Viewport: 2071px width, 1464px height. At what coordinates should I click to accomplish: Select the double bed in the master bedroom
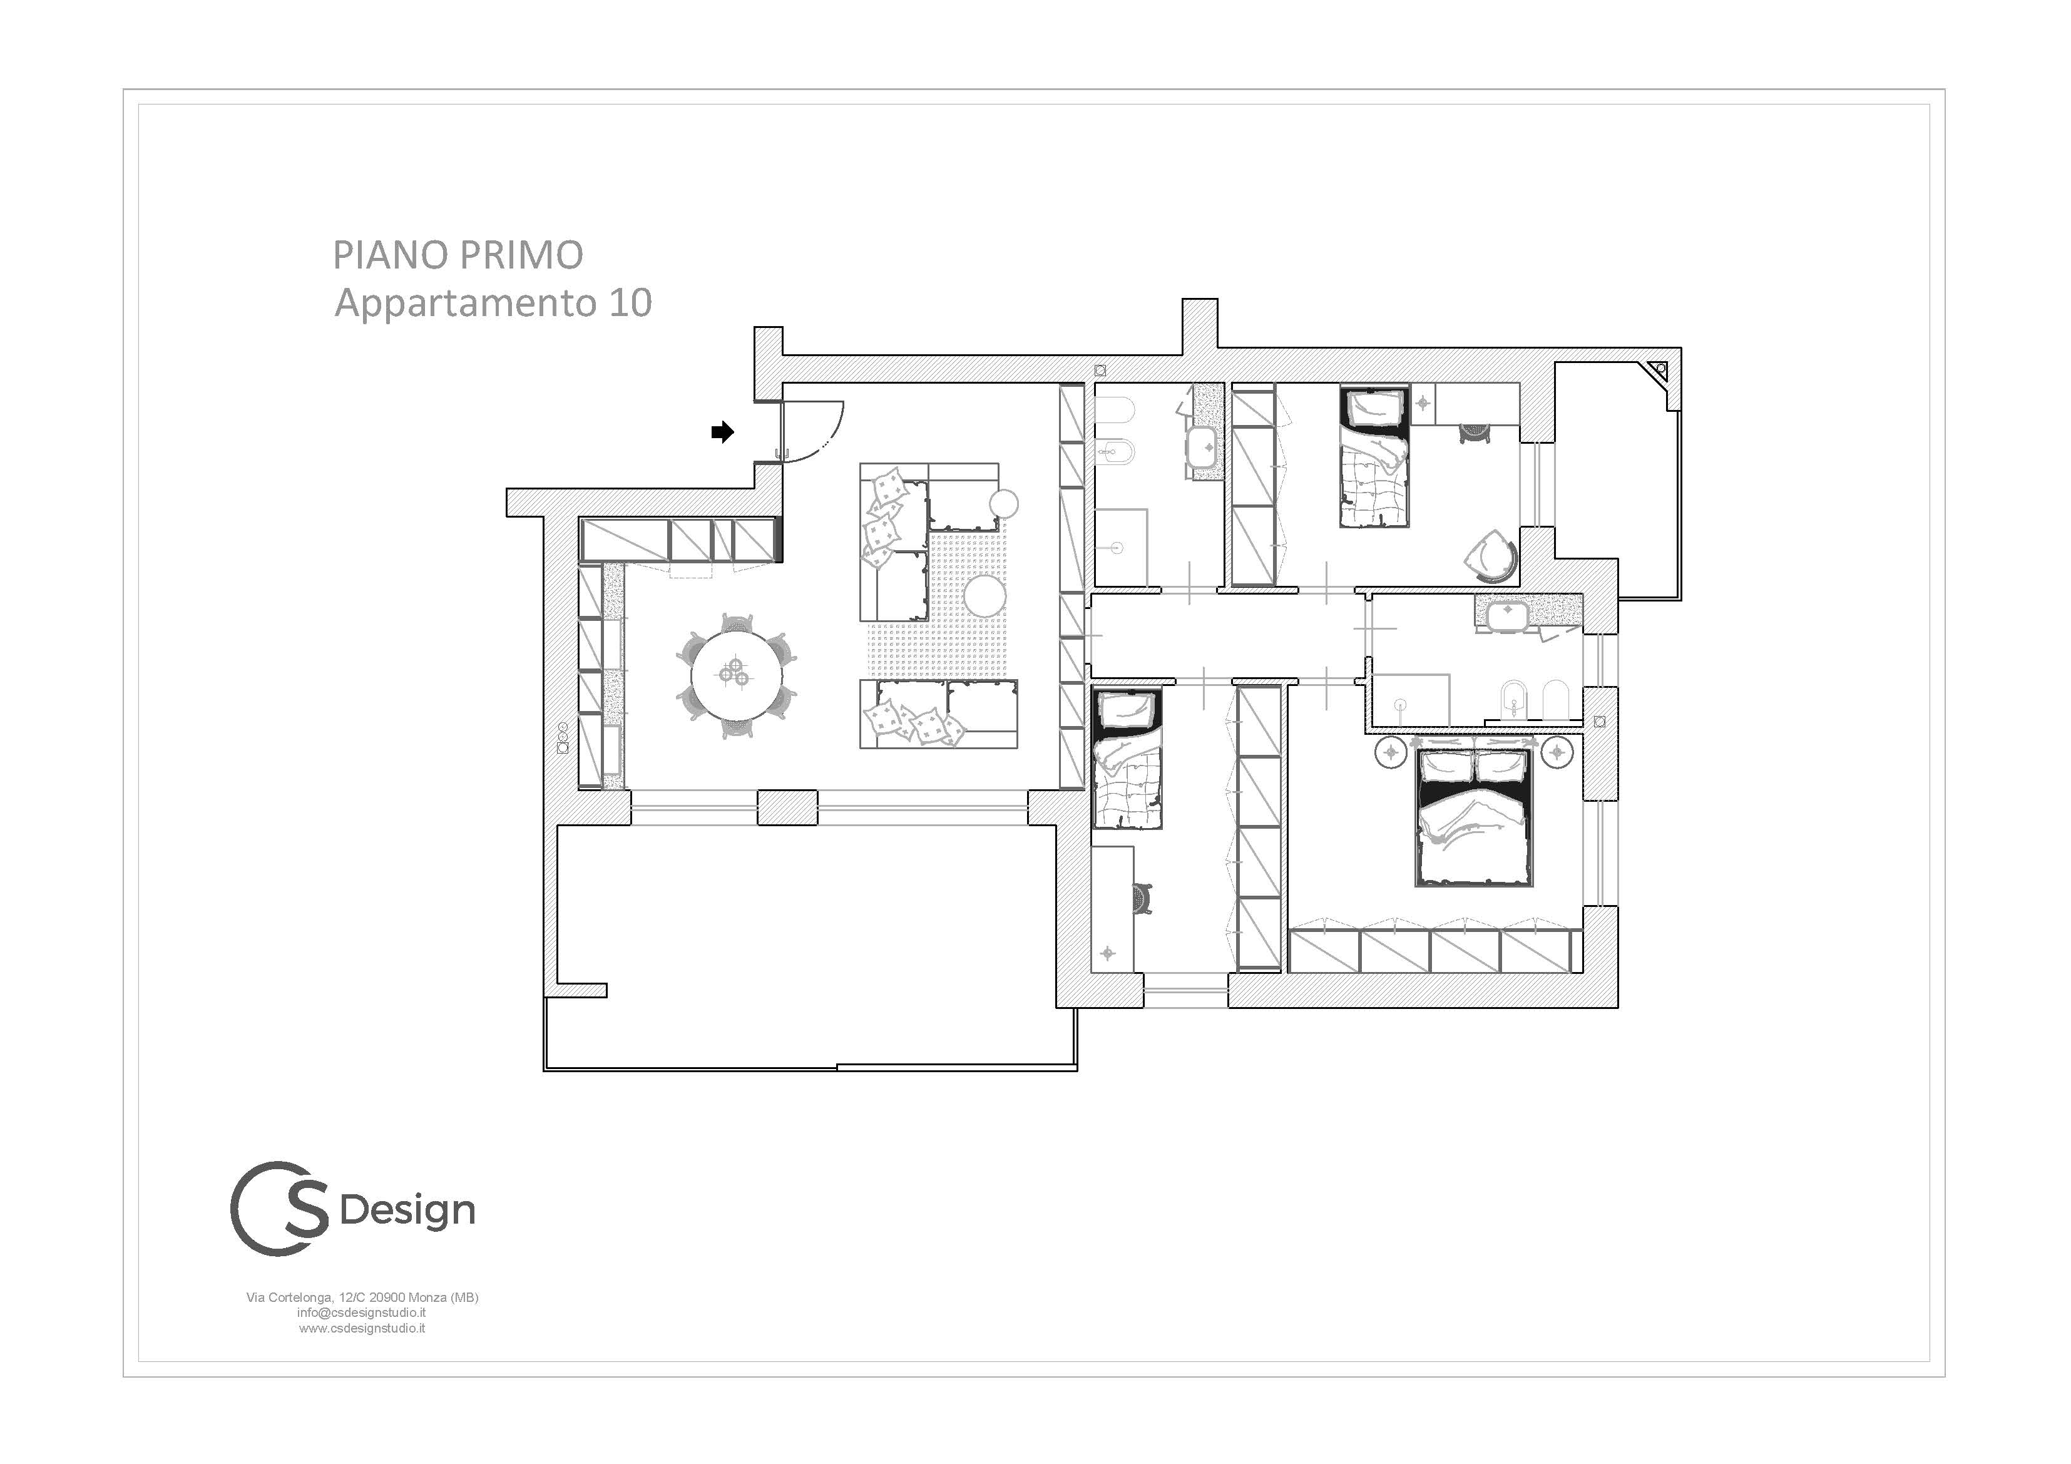click(x=1475, y=816)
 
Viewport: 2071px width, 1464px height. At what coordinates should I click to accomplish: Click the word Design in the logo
click(x=407, y=1211)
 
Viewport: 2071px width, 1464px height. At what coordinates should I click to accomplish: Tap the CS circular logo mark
click(x=280, y=1208)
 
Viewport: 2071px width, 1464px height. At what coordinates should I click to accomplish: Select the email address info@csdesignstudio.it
click(x=362, y=1313)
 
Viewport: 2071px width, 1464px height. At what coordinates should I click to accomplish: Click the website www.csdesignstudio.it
click(x=362, y=1328)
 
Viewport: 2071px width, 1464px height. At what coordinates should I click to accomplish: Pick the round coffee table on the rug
click(x=984, y=596)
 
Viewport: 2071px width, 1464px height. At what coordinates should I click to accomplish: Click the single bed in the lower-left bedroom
click(x=1127, y=759)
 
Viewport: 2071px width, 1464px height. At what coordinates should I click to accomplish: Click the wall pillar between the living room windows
click(x=787, y=807)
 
